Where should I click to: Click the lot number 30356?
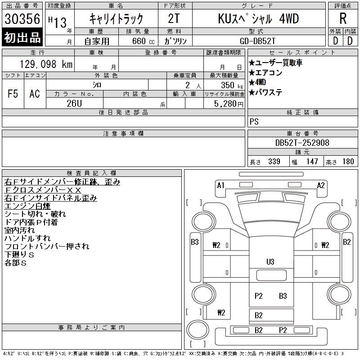click(x=22, y=18)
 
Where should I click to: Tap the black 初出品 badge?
click(x=22, y=37)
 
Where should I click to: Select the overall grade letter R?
click(x=343, y=18)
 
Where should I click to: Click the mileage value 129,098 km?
click(x=46, y=64)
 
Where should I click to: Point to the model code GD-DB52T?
click(x=257, y=41)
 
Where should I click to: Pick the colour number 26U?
click(x=74, y=103)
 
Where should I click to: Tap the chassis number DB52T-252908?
click(x=302, y=143)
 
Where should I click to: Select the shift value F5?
click(x=13, y=94)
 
